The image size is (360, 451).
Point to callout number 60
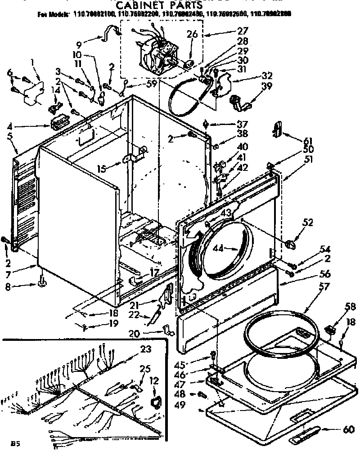[347, 429]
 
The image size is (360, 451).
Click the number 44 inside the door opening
[231, 248]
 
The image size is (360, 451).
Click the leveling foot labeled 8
[43, 282]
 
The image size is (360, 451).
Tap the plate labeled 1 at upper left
[31, 94]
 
